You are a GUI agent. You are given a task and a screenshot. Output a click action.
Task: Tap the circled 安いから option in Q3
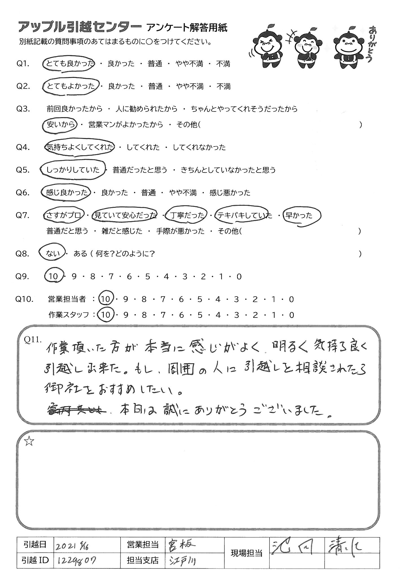tap(60, 124)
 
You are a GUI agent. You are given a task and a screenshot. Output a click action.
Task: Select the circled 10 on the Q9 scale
tap(53, 277)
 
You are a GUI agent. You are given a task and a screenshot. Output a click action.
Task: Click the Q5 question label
tap(23, 170)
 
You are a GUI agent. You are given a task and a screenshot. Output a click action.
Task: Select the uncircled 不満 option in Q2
tap(224, 86)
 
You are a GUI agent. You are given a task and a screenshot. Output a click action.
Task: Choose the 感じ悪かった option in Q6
tap(229, 193)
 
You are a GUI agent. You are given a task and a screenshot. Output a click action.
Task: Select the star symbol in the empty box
tap(29, 441)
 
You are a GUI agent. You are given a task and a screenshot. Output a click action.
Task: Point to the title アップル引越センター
tap(80, 28)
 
